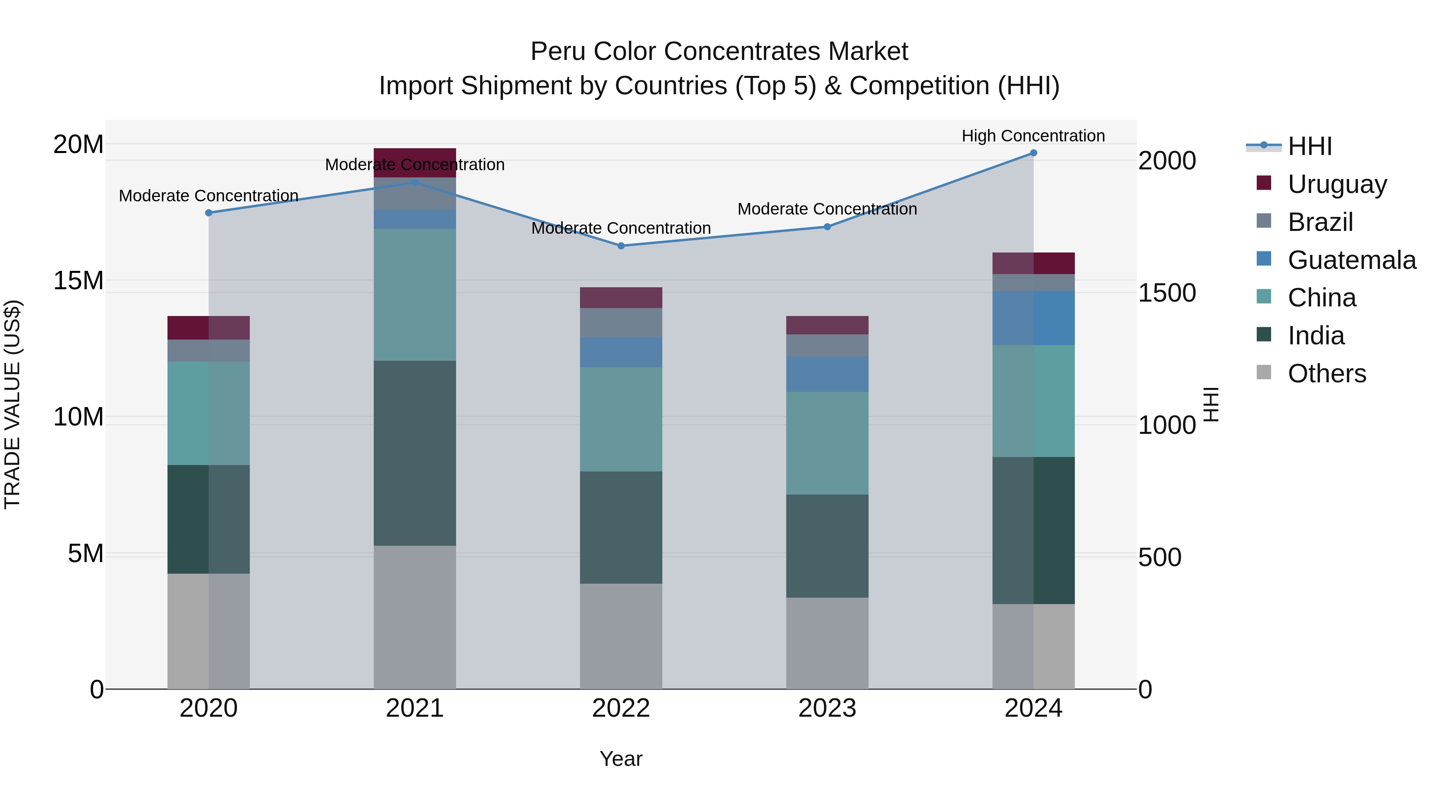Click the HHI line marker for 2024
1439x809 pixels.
tap(1033, 153)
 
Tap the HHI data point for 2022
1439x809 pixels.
tap(621, 246)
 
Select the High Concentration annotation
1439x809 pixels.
tap(1033, 136)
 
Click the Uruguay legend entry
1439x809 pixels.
tap(1337, 184)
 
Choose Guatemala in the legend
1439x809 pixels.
tap(1351, 260)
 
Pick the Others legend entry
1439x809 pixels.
tap(1327, 374)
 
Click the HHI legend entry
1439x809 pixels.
tap(1309, 146)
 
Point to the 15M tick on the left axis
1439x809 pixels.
tap(78, 280)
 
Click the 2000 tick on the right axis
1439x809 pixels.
tap(1167, 161)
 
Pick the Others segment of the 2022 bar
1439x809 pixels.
tap(621, 636)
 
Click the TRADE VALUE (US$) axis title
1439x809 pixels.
tap(12, 404)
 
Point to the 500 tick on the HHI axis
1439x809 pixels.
tap(1160, 557)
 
